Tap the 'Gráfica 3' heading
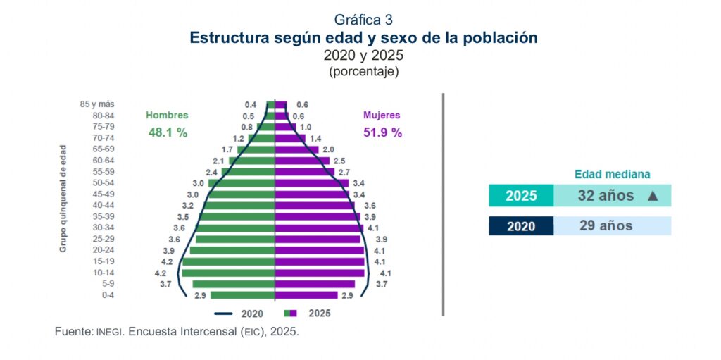pyautogui.click(x=363, y=20)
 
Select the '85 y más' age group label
pyautogui.click(x=97, y=104)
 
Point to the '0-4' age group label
pyautogui.click(x=108, y=295)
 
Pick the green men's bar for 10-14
pyautogui.click(x=228, y=273)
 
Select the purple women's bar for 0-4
pyautogui.click(x=306, y=295)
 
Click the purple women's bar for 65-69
pyautogui.click(x=296, y=149)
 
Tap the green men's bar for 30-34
pyautogui.click(x=235, y=228)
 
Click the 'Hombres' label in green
pyautogui.click(x=167, y=116)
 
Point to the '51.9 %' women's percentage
pyautogui.click(x=382, y=132)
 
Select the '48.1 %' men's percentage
pyautogui.click(x=168, y=132)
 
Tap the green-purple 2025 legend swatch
pyautogui.click(x=290, y=314)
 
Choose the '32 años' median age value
pyautogui.click(x=606, y=196)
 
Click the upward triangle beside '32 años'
pyautogui.click(x=653, y=196)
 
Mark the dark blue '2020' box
pyautogui.click(x=521, y=226)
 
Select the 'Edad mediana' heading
pyautogui.click(x=613, y=175)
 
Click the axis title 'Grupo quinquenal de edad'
pyautogui.click(x=63, y=199)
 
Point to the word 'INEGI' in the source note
pyautogui.click(x=109, y=332)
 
